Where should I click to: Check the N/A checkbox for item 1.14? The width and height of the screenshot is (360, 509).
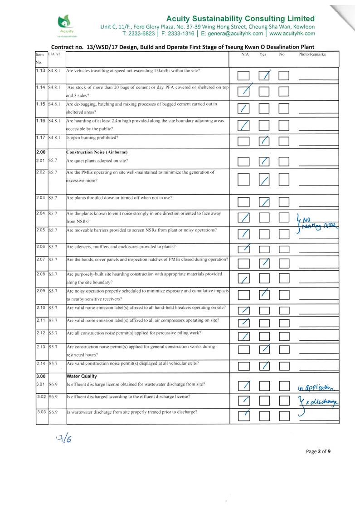(x=243, y=91)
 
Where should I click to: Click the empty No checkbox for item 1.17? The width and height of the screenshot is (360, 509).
(x=284, y=141)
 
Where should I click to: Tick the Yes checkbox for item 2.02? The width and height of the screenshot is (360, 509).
(x=264, y=180)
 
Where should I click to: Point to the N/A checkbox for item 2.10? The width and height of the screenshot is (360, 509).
(x=243, y=311)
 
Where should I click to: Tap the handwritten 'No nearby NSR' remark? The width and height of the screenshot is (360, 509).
(x=321, y=223)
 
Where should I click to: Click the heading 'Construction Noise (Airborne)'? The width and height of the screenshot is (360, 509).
(x=97, y=152)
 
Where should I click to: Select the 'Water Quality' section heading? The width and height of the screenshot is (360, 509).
(x=82, y=376)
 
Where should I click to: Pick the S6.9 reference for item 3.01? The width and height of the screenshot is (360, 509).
(x=53, y=384)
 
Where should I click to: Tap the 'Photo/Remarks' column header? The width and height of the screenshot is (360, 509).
(x=312, y=54)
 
